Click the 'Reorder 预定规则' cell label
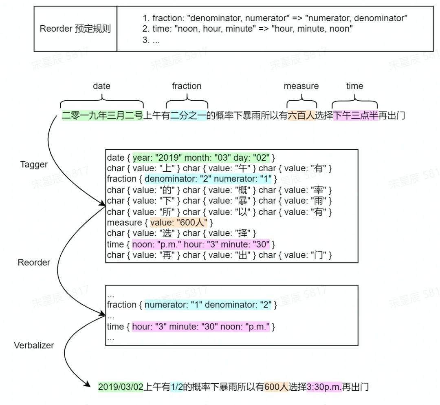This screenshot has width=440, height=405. tap(75, 29)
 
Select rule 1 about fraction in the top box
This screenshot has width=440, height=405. tap(275, 18)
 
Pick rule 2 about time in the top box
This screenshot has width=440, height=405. tap(247, 29)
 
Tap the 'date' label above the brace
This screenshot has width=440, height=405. tap(101, 86)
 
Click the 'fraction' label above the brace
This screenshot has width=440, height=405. tap(187, 86)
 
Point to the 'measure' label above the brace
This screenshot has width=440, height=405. tap(301, 86)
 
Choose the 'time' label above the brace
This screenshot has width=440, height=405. tap(354, 86)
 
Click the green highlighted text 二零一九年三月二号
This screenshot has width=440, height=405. tap(102, 116)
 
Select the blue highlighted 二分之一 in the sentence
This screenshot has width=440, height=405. tap(188, 116)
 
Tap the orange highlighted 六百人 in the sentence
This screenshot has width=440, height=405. tap(301, 116)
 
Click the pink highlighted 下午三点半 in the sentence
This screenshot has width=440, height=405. tap(355, 116)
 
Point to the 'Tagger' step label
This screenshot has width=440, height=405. tap(34, 164)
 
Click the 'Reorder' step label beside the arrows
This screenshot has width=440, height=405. tap(34, 263)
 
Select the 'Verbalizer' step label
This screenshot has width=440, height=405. tap(34, 345)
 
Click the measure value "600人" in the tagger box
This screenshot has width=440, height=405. tap(179, 223)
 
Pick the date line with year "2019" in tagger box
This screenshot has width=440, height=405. tap(191, 157)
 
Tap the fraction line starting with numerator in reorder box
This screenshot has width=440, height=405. tap(191, 305)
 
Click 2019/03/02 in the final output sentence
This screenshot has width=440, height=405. tap(121, 387)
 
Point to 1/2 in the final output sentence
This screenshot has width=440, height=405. tap(176, 387)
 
